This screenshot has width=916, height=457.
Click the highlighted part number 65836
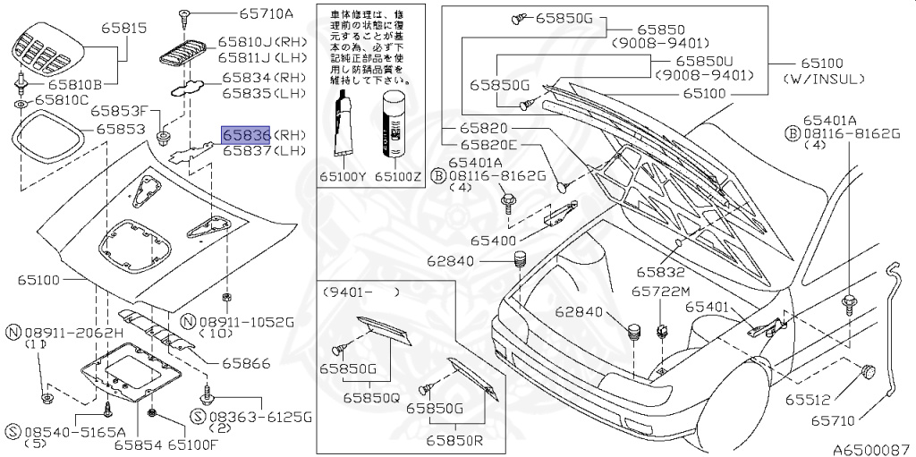(247, 135)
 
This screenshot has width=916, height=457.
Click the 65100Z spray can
(394, 125)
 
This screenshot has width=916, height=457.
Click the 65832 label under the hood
(661, 272)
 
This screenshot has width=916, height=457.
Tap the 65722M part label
(661, 292)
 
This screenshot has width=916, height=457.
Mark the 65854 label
(139, 444)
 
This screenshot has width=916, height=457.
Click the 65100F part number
(194, 444)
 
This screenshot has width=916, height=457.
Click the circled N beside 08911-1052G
(188, 320)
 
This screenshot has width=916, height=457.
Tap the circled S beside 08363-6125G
(199, 417)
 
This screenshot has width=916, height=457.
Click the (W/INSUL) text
(824, 80)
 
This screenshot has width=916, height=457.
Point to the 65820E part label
(489, 145)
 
